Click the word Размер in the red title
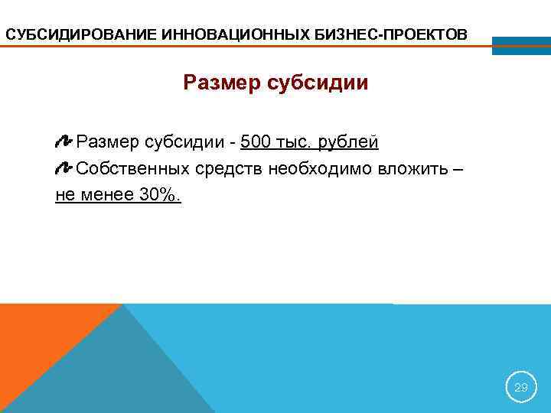point(222,82)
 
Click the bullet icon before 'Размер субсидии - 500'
point(64,142)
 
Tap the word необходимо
point(321,168)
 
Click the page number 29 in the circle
point(521,388)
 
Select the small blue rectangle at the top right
point(520,45)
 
